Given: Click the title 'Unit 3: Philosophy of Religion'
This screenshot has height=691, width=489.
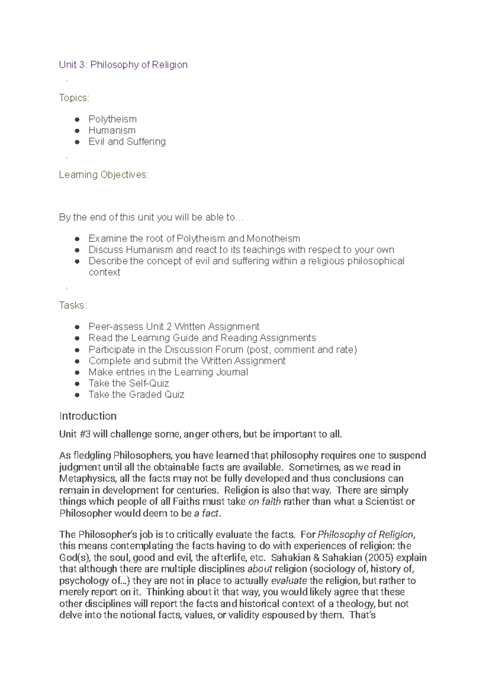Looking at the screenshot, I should [123, 65].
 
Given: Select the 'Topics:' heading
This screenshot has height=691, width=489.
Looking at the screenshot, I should [74, 98].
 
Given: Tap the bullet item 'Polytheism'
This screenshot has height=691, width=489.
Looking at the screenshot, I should [112, 119].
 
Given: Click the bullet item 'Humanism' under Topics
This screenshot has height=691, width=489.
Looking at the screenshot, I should [112, 130].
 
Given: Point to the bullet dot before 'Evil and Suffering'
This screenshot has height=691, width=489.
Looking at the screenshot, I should [77, 142].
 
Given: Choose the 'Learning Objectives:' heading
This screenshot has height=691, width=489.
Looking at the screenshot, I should [104, 175].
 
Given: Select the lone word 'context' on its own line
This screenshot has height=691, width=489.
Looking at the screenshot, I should [104, 272].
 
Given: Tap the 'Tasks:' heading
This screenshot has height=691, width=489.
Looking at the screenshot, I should [73, 305].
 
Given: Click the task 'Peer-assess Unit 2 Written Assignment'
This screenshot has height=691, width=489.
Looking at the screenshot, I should [174, 327].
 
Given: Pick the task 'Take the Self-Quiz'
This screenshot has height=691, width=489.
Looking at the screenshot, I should [129, 383].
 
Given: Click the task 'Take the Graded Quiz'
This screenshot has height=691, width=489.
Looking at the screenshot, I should [137, 395].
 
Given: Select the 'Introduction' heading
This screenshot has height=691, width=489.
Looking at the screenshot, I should [88, 416].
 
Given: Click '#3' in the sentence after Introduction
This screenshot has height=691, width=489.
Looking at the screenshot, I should [84, 434].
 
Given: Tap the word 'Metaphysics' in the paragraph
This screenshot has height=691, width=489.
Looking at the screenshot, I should [84, 479].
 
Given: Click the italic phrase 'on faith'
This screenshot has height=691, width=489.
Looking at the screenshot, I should [264, 502].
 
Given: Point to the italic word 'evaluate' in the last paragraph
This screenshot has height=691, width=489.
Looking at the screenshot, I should [289, 581].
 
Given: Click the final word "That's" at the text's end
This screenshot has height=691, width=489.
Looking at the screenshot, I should [363, 615].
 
